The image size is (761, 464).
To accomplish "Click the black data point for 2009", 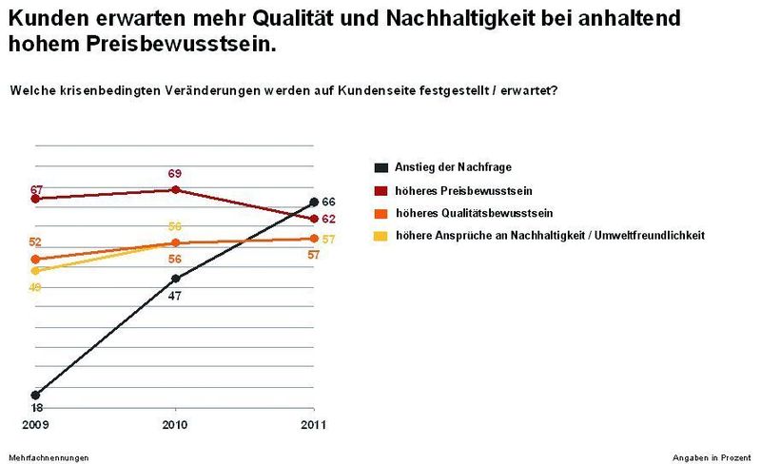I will click(35, 395).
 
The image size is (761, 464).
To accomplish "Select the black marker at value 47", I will click(175, 279).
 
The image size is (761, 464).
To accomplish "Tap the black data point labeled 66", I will click(314, 202).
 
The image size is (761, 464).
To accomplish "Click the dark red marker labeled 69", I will click(175, 189).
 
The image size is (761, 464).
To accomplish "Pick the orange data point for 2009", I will click(35, 259).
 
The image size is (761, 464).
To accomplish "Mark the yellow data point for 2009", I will click(35, 271).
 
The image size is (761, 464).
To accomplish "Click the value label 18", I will click(37, 407).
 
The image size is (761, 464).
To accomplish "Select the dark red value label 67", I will click(37, 190).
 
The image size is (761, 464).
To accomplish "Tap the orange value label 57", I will click(314, 255).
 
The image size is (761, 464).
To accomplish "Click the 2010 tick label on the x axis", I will click(174, 423).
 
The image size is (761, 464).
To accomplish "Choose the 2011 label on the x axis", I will click(313, 423).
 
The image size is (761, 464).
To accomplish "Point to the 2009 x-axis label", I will click(35, 423).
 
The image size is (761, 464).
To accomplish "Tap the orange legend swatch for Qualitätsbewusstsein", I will click(380, 213).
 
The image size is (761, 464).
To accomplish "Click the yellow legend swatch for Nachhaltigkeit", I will click(380, 235).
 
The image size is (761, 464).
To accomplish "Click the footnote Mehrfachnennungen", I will click(49, 457).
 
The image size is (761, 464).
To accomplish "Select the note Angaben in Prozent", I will click(712, 457).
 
